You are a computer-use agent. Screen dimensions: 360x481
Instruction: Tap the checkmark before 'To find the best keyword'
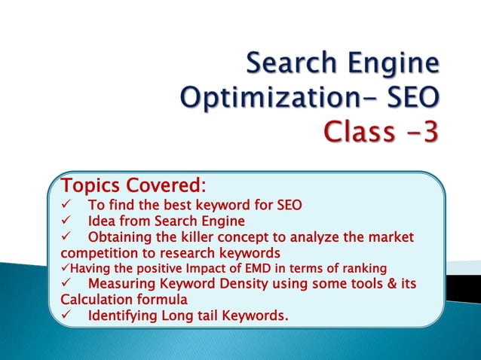pos(66,206)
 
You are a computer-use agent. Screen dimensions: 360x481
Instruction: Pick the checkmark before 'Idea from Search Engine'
pos(66,221)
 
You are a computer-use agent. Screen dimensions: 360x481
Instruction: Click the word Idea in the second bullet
pos(102,221)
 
